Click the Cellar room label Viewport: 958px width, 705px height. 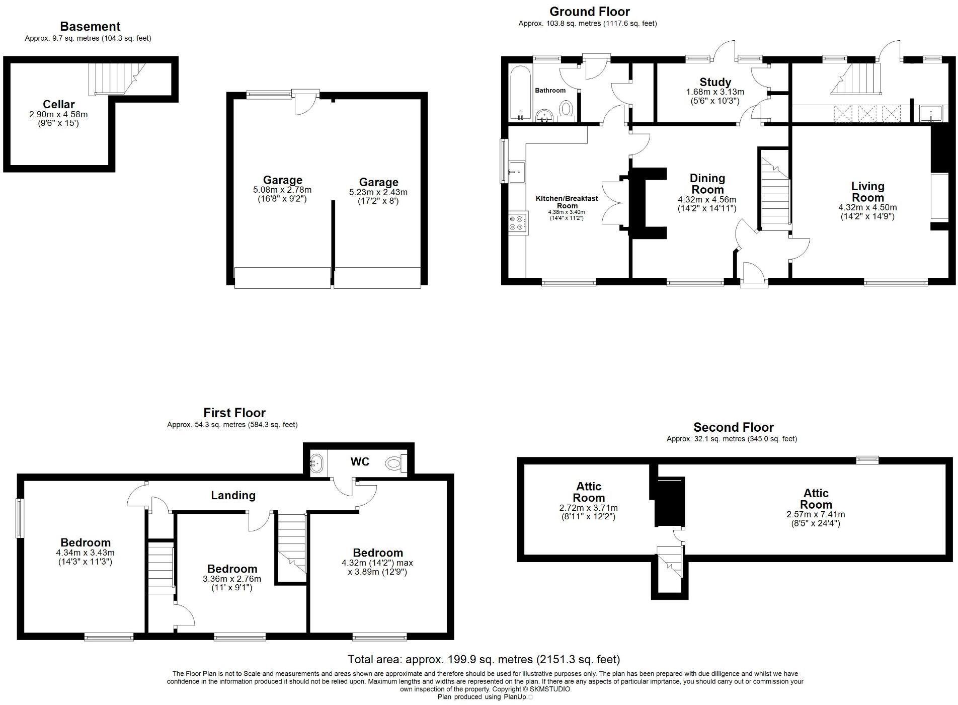(x=58, y=105)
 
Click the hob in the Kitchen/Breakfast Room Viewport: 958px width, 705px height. (x=518, y=223)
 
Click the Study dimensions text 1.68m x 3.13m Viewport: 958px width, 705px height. (x=715, y=92)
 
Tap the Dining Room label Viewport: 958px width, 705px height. (x=707, y=184)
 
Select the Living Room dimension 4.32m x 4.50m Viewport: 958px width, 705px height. (x=867, y=207)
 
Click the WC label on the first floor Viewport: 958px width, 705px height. (x=360, y=461)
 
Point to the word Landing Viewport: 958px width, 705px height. (x=233, y=495)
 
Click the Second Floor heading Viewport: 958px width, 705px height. (x=733, y=427)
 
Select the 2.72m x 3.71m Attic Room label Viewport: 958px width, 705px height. (x=588, y=498)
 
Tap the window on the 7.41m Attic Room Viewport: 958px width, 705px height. (x=867, y=459)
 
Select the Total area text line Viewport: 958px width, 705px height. (x=484, y=659)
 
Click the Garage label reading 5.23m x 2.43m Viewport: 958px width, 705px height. (x=378, y=187)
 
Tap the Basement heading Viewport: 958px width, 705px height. (x=90, y=26)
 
